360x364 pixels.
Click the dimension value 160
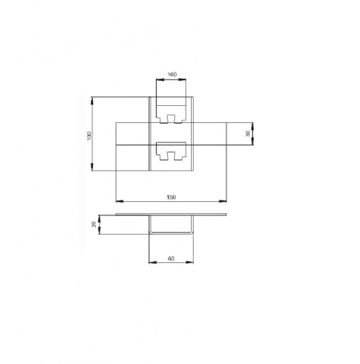point(172,75)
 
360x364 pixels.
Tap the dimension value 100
point(89,136)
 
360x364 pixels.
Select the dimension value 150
point(171,197)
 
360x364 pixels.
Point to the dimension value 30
point(248,134)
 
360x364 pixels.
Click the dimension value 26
point(94,224)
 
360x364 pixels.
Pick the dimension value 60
point(171,259)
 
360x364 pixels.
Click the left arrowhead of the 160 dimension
point(160,80)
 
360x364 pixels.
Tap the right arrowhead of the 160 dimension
point(182,80)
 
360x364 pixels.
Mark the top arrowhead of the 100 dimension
point(92,100)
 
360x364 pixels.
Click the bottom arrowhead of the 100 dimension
point(92,167)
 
